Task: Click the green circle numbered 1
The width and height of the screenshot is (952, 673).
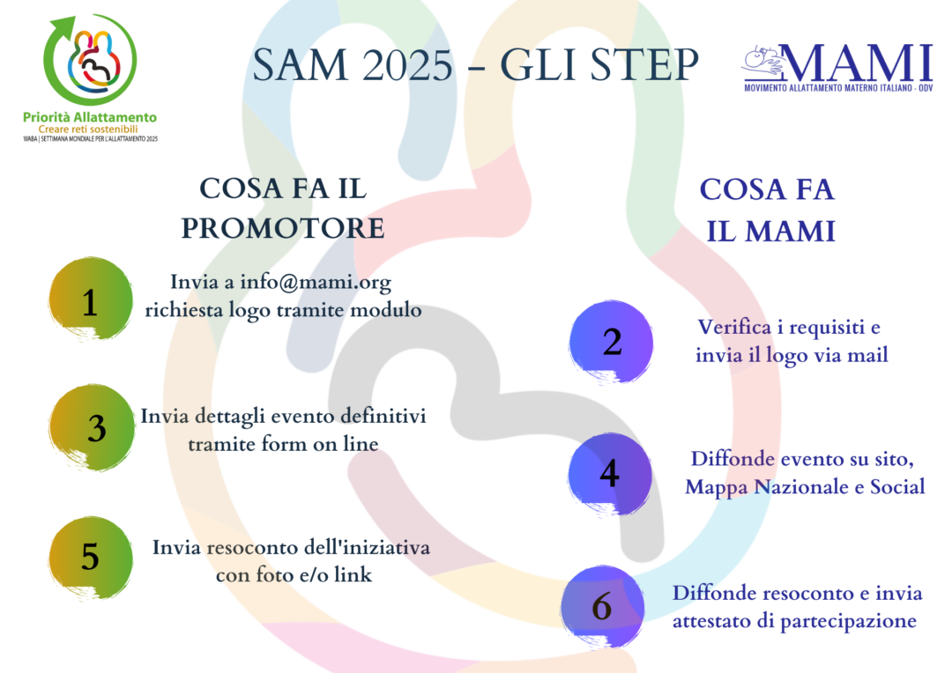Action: (x=91, y=299)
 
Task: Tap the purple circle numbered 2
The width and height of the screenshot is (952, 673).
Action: (x=611, y=343)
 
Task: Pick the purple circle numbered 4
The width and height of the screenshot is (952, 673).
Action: (x=610, y=474)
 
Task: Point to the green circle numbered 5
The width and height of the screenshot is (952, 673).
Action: (x=91, y=558)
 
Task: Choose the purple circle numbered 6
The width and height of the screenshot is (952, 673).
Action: (x=602, y=607)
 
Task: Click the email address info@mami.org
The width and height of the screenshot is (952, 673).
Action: (x=316, y=282)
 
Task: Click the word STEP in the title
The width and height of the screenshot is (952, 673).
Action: (x=644, y=65)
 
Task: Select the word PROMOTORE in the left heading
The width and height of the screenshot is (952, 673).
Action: (x=283, y=229)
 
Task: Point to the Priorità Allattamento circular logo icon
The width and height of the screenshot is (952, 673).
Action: (x=90, y=60)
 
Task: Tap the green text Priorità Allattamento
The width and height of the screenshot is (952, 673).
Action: (x=90, y=117)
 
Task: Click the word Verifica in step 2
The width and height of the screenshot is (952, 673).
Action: (x=734, y=327)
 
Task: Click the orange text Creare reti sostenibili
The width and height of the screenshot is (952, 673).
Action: (x=88, y=129)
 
